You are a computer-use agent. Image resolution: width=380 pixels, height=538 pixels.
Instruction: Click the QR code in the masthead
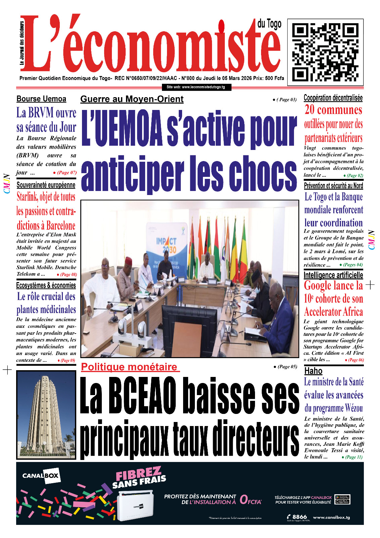click(325, 52)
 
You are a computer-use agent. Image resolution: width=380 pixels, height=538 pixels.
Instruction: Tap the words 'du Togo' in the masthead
click(269, 24)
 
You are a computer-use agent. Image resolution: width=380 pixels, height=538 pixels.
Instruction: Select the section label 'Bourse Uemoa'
click(41, 99)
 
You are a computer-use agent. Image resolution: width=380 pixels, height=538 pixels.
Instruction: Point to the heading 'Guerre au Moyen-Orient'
click(132, 99)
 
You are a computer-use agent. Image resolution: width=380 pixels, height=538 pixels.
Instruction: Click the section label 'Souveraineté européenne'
click(46, 185)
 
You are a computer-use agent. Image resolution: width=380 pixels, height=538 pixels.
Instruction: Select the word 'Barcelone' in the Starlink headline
click(60, 225)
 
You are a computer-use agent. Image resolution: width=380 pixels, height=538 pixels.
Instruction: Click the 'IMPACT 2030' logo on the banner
click(166, 245)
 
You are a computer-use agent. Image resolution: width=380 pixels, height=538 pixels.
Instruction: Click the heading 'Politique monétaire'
click(129, 367)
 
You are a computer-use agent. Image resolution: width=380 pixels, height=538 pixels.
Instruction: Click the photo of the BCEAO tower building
click(46, 415)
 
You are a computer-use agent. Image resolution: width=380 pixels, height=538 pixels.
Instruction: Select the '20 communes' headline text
click(333, 110)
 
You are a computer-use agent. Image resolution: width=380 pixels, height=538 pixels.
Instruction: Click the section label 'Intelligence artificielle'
click(333, 275)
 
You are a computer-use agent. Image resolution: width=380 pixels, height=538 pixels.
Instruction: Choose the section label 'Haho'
click(313, 371)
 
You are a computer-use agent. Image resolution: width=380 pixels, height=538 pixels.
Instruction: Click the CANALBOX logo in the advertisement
click(40, 476)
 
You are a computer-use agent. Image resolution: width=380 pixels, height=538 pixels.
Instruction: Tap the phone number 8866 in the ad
click(299, 517)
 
